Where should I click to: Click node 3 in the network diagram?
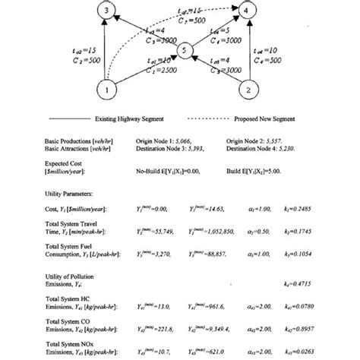pos(109,11)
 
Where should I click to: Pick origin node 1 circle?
pos(109,91)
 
